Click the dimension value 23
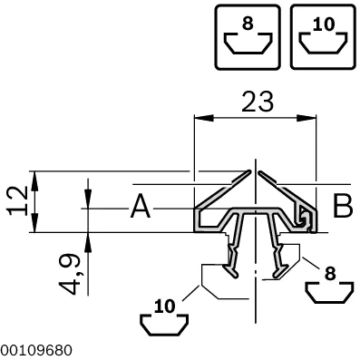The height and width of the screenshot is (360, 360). pos(258,102)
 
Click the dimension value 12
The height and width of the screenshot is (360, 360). pos(19,200)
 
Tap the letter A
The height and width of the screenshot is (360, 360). pos(141,207)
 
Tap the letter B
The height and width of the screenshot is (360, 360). pos(343,206)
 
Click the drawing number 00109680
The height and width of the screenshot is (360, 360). pos(36,351)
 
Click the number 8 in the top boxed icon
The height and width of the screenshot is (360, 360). pos(248,24)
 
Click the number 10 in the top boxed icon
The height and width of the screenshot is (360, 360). pos(324,24)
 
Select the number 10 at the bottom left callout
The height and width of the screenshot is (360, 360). pos(165,306)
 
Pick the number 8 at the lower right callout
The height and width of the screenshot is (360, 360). pos(330,274)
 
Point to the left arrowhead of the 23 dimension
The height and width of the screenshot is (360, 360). pos(204,118)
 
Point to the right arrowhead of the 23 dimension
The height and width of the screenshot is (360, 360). pos(306,118)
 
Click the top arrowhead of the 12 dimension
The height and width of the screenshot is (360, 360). pos(35,180)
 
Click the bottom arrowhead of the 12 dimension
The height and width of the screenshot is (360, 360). pos(35,223)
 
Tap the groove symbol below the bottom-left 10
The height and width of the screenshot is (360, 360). pos(164,326)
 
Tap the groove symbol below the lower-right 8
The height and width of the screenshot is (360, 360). pos(330,292)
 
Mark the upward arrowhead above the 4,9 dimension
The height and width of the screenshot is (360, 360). pos(88,242)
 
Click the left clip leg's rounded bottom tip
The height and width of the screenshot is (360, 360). pos(236,275)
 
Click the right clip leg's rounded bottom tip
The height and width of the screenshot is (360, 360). pos(276,275)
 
